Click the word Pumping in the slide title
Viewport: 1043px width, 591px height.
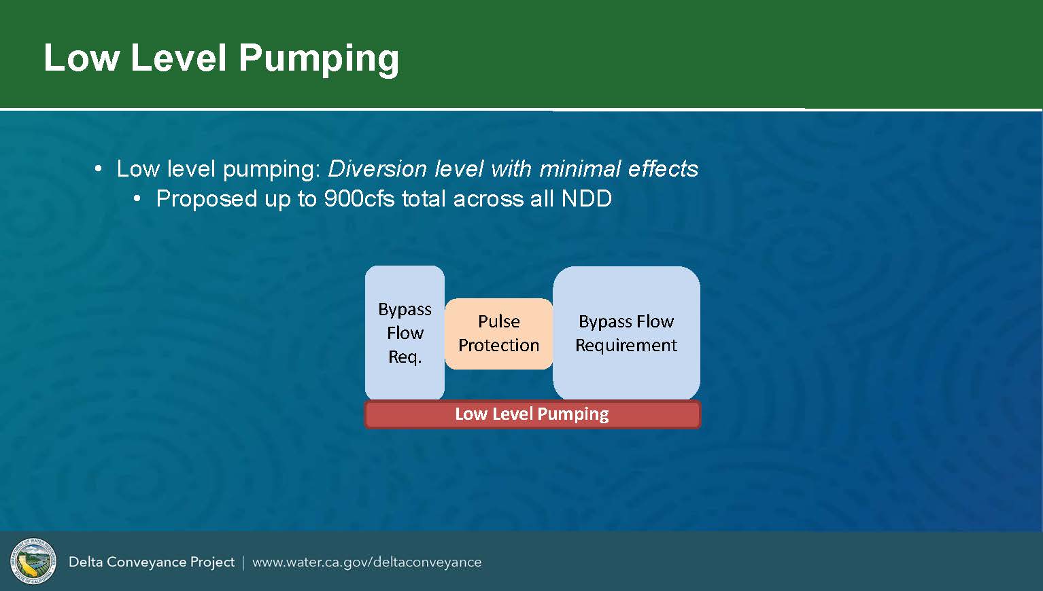(x=319, y=59)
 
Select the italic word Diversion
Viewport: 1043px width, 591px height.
(x=377, y=168)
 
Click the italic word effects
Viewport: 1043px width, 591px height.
(x=663, y=168)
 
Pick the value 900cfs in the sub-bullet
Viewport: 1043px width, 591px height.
(x=359, y=199)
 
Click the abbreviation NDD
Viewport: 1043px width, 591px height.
(x=587, y=199)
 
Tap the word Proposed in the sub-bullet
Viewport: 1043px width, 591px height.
(x=207, y=199)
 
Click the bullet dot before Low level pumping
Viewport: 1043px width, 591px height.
(x=98, y=168)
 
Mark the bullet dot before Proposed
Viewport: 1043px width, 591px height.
(x=137, y=199)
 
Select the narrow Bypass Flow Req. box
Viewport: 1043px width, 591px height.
(x=405, y=333)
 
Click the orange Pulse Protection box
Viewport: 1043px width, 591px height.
(x=498, y=334)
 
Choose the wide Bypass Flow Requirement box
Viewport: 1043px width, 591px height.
(x=626, y=333)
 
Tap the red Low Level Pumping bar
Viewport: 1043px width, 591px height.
(x=532, y=414)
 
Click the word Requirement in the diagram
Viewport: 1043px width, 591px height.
(x=626, y=345)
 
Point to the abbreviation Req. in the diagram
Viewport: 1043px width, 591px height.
(x=405, y=357)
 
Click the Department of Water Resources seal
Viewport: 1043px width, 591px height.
(x=33, y=561)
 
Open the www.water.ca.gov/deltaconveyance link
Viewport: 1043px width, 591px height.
(x=367, y=562)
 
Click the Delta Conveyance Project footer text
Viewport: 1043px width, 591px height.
(x=152, y=562)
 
